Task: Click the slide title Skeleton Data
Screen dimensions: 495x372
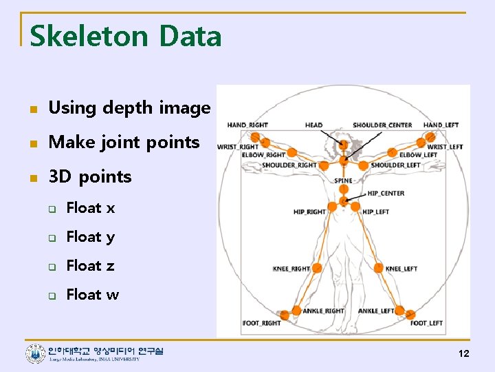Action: (x=126, y=36)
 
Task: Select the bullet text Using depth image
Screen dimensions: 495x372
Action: (x=129, y=107)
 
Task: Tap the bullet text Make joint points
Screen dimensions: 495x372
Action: (x=124, y=143)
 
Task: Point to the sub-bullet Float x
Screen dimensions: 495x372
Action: (x=90, y=208)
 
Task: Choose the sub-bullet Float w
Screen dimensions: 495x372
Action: (x=92, y=295)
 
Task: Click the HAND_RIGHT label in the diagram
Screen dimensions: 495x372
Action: (x=247, y=125)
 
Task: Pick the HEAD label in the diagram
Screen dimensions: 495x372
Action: (x=313, y=125)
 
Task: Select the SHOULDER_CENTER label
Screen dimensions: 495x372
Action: (x=382, y=125)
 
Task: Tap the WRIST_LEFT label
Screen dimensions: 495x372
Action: (x=445, y=147)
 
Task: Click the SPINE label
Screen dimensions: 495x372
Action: (x=343, y=181)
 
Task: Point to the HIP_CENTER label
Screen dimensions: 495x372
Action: (x=386, y=194)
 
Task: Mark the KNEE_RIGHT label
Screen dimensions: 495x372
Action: (x=291, y=269)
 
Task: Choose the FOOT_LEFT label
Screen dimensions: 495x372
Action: (x=426, y=323)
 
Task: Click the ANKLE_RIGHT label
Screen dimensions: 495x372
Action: (x=324, y=311)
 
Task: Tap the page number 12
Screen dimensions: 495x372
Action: (x=463, y=353)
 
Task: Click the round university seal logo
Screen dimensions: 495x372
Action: (x=35, y=354)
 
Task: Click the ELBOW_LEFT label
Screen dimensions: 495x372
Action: (x=418, y=156)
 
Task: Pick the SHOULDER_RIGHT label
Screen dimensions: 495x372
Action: (x=289, y=165)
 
